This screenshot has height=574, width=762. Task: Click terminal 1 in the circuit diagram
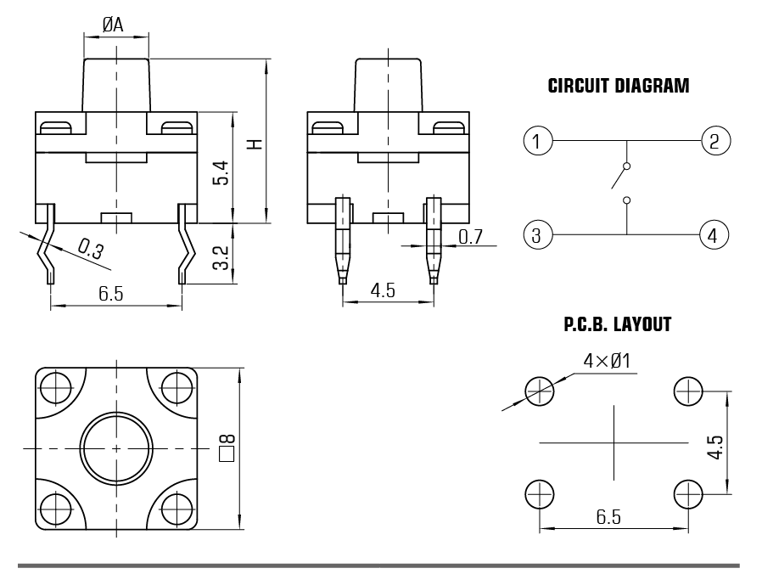538,140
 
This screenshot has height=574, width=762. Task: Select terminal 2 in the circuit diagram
714,140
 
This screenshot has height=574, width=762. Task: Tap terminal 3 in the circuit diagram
538,234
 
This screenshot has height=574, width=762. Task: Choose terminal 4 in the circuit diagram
714,234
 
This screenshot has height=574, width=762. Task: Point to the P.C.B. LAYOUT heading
617,325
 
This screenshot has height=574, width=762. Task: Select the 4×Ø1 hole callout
606,361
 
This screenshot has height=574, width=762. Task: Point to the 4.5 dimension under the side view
383,291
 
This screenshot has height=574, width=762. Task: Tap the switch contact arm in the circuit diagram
619,177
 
